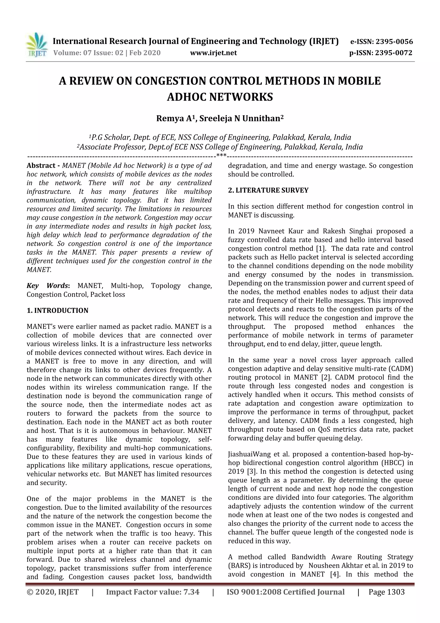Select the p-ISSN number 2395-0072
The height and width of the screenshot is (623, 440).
394,53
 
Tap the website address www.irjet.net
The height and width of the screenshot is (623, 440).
213,53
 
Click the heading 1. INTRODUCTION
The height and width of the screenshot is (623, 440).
58,310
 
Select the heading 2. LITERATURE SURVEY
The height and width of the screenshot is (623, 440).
268,190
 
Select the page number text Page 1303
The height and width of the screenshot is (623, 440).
386,592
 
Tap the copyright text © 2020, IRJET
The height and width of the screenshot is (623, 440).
53,592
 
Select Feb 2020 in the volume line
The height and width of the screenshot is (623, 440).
145,53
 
